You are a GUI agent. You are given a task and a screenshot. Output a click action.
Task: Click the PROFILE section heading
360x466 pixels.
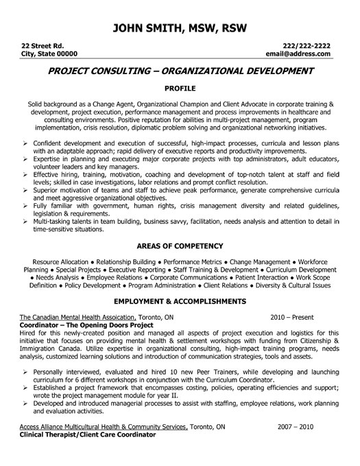180,89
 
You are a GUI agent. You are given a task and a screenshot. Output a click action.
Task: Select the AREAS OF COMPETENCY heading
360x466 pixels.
180,245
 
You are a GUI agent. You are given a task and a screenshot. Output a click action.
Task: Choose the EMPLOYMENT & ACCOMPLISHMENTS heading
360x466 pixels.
180,301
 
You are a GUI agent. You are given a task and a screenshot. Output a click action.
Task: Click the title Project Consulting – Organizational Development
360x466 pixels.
180,71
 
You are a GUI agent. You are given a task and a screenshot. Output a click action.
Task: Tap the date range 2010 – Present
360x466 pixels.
293,318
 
